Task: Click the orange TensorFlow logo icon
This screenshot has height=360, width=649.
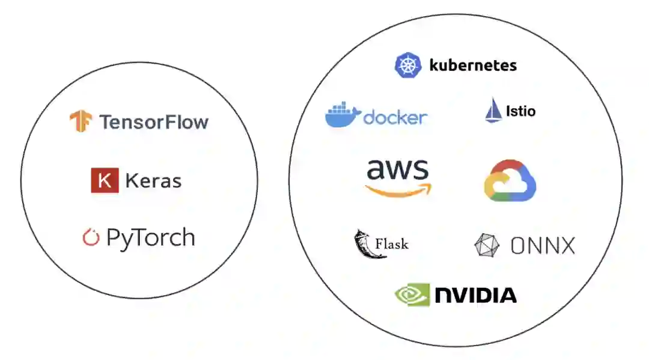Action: [80, 121]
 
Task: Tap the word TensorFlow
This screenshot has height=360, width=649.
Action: [154, 123]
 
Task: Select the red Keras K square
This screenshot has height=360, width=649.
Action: [105, 180]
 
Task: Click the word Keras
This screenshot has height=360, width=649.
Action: [153, 180]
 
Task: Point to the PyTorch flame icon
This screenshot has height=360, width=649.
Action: [91, 237]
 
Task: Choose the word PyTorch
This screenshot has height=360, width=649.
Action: [151, 238]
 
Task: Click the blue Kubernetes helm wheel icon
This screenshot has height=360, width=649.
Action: [408, 65]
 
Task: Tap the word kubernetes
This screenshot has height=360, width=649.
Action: [473, 65]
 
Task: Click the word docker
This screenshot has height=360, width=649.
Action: [395, 117]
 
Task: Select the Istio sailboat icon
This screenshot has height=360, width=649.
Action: [493, 111]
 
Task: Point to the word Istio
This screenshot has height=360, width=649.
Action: [520, 111]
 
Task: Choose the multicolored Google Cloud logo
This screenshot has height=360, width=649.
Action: [510, 180]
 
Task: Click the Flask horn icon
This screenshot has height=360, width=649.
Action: [363, 243]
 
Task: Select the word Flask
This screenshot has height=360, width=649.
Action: [392, 244]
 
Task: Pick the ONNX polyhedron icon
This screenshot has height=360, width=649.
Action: [487, 245]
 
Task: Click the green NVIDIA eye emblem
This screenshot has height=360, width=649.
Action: [412, 294]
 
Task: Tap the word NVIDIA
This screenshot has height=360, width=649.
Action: [475, 295]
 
